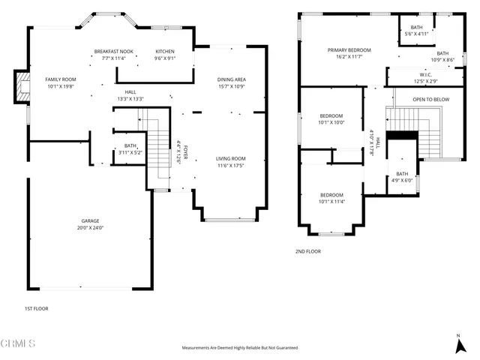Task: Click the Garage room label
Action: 90,220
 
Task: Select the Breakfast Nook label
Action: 113,51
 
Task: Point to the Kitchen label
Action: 164,51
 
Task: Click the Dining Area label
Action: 232,79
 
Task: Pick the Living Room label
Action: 231,158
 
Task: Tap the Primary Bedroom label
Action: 349,50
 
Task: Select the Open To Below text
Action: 431,99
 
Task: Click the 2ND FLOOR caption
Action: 307,251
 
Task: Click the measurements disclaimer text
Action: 240,348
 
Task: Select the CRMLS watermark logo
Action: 19,344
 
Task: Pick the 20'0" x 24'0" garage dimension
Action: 90,227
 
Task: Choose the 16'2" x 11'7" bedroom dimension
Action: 349,57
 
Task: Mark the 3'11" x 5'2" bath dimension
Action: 130,152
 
